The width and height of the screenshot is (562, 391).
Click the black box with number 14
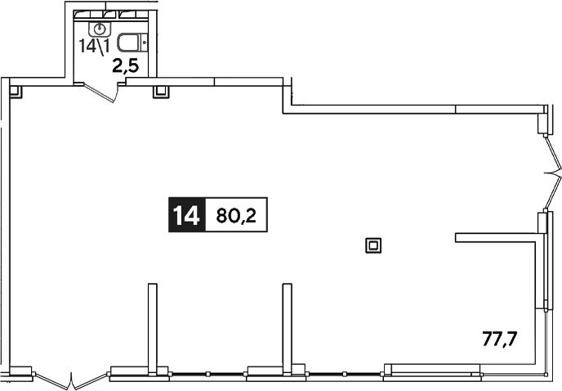tap(187, 214)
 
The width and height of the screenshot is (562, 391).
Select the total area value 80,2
tap(237, 215)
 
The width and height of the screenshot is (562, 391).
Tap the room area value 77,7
tap(500, 339)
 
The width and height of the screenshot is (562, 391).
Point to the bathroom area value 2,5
tap(126, 66)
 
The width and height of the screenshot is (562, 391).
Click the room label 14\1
tap(94, 47)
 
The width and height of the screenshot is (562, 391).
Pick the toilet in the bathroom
tap(132, 43)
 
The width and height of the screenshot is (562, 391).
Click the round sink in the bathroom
tap(100, 29)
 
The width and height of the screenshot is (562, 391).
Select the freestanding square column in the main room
tap(373, 245)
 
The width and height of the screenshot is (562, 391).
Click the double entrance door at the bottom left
tap(72, 380)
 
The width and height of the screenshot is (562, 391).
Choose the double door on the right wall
tap(553, 173)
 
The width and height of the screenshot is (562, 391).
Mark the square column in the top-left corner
tap(16, 92)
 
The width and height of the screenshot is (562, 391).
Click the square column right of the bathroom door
tap(161, 92)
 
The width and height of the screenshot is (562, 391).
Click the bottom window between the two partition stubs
tap(207, 374)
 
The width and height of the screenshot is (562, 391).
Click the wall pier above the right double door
tap(543, 119)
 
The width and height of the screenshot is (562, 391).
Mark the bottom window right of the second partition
tap(344, 374)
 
